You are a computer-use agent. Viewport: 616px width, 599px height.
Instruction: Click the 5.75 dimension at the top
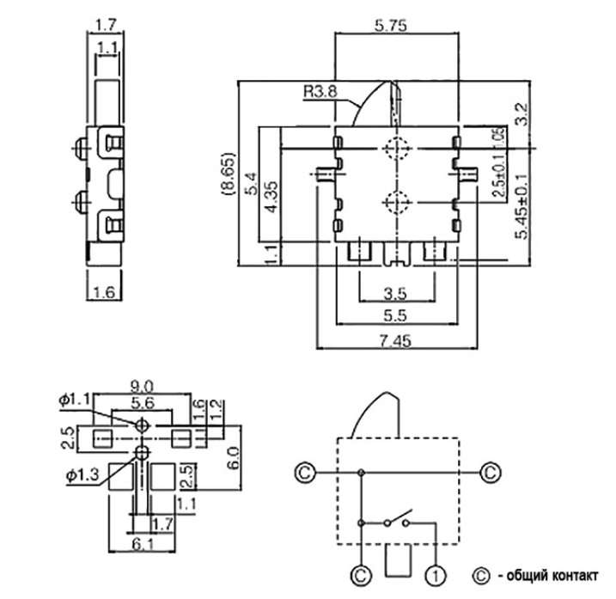396,26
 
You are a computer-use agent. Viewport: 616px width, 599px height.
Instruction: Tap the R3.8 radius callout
320,89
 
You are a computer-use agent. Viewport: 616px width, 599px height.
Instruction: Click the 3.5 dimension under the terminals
396,292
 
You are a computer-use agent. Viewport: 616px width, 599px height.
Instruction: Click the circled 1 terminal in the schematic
438,573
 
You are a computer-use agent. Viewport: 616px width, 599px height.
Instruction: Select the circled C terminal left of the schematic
303,472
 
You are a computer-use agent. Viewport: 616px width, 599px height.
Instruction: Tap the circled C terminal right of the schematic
490,472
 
